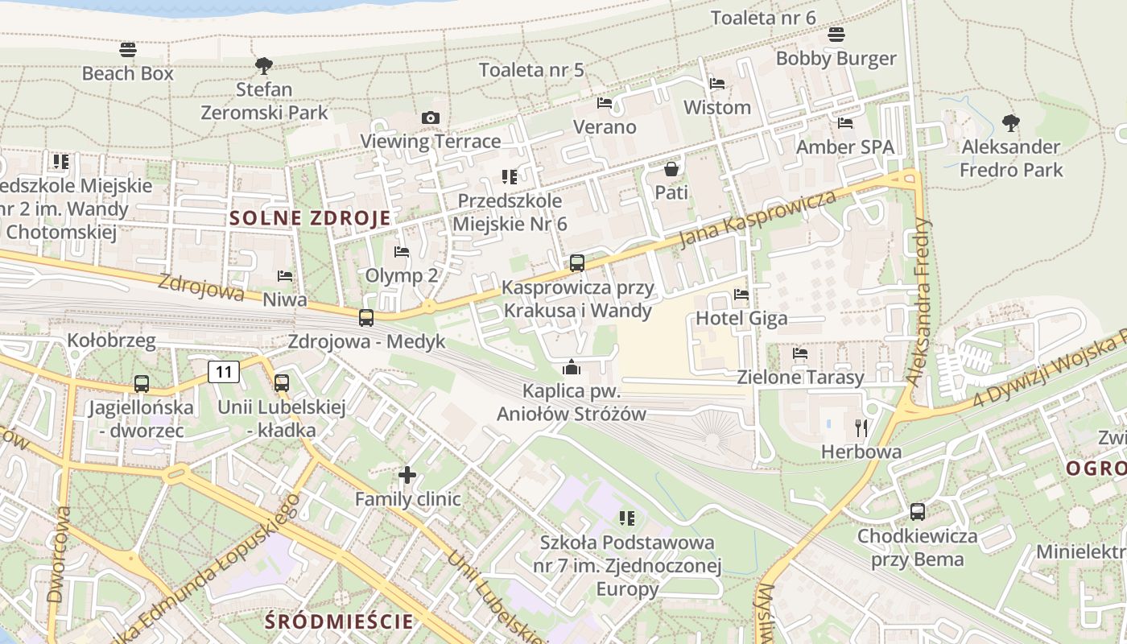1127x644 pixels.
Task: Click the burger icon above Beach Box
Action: pos(127,50)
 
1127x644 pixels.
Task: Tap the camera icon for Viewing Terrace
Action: pos(431,118)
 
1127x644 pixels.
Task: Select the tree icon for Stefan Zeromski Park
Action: pos(263,66)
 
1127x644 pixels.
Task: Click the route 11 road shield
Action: pos(224,371)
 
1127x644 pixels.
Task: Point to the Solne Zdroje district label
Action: pos(311,218)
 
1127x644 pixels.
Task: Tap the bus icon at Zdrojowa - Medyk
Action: pos(366,318)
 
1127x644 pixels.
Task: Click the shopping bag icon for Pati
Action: pos(671,169)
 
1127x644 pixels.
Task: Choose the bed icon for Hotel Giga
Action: pos(741,295)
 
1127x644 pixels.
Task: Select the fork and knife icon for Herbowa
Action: pos(861,427)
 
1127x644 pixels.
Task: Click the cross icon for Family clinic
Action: pos(407,475)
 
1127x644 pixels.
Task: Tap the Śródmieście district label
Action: pos(339,621)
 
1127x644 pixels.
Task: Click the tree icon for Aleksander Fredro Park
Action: pos(1011,123)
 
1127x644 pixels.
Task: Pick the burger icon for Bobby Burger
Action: pos(836,35)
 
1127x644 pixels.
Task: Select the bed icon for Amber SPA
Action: pos(845,123)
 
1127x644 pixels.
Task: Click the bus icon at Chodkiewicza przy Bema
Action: pos(917,511)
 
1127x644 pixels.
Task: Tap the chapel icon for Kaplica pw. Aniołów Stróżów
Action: pos(572,368)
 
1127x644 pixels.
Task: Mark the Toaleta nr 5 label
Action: pos(531,70)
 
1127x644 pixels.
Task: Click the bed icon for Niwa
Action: pos(285,276)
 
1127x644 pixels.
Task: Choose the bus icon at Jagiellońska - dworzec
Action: pos(142,384)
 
